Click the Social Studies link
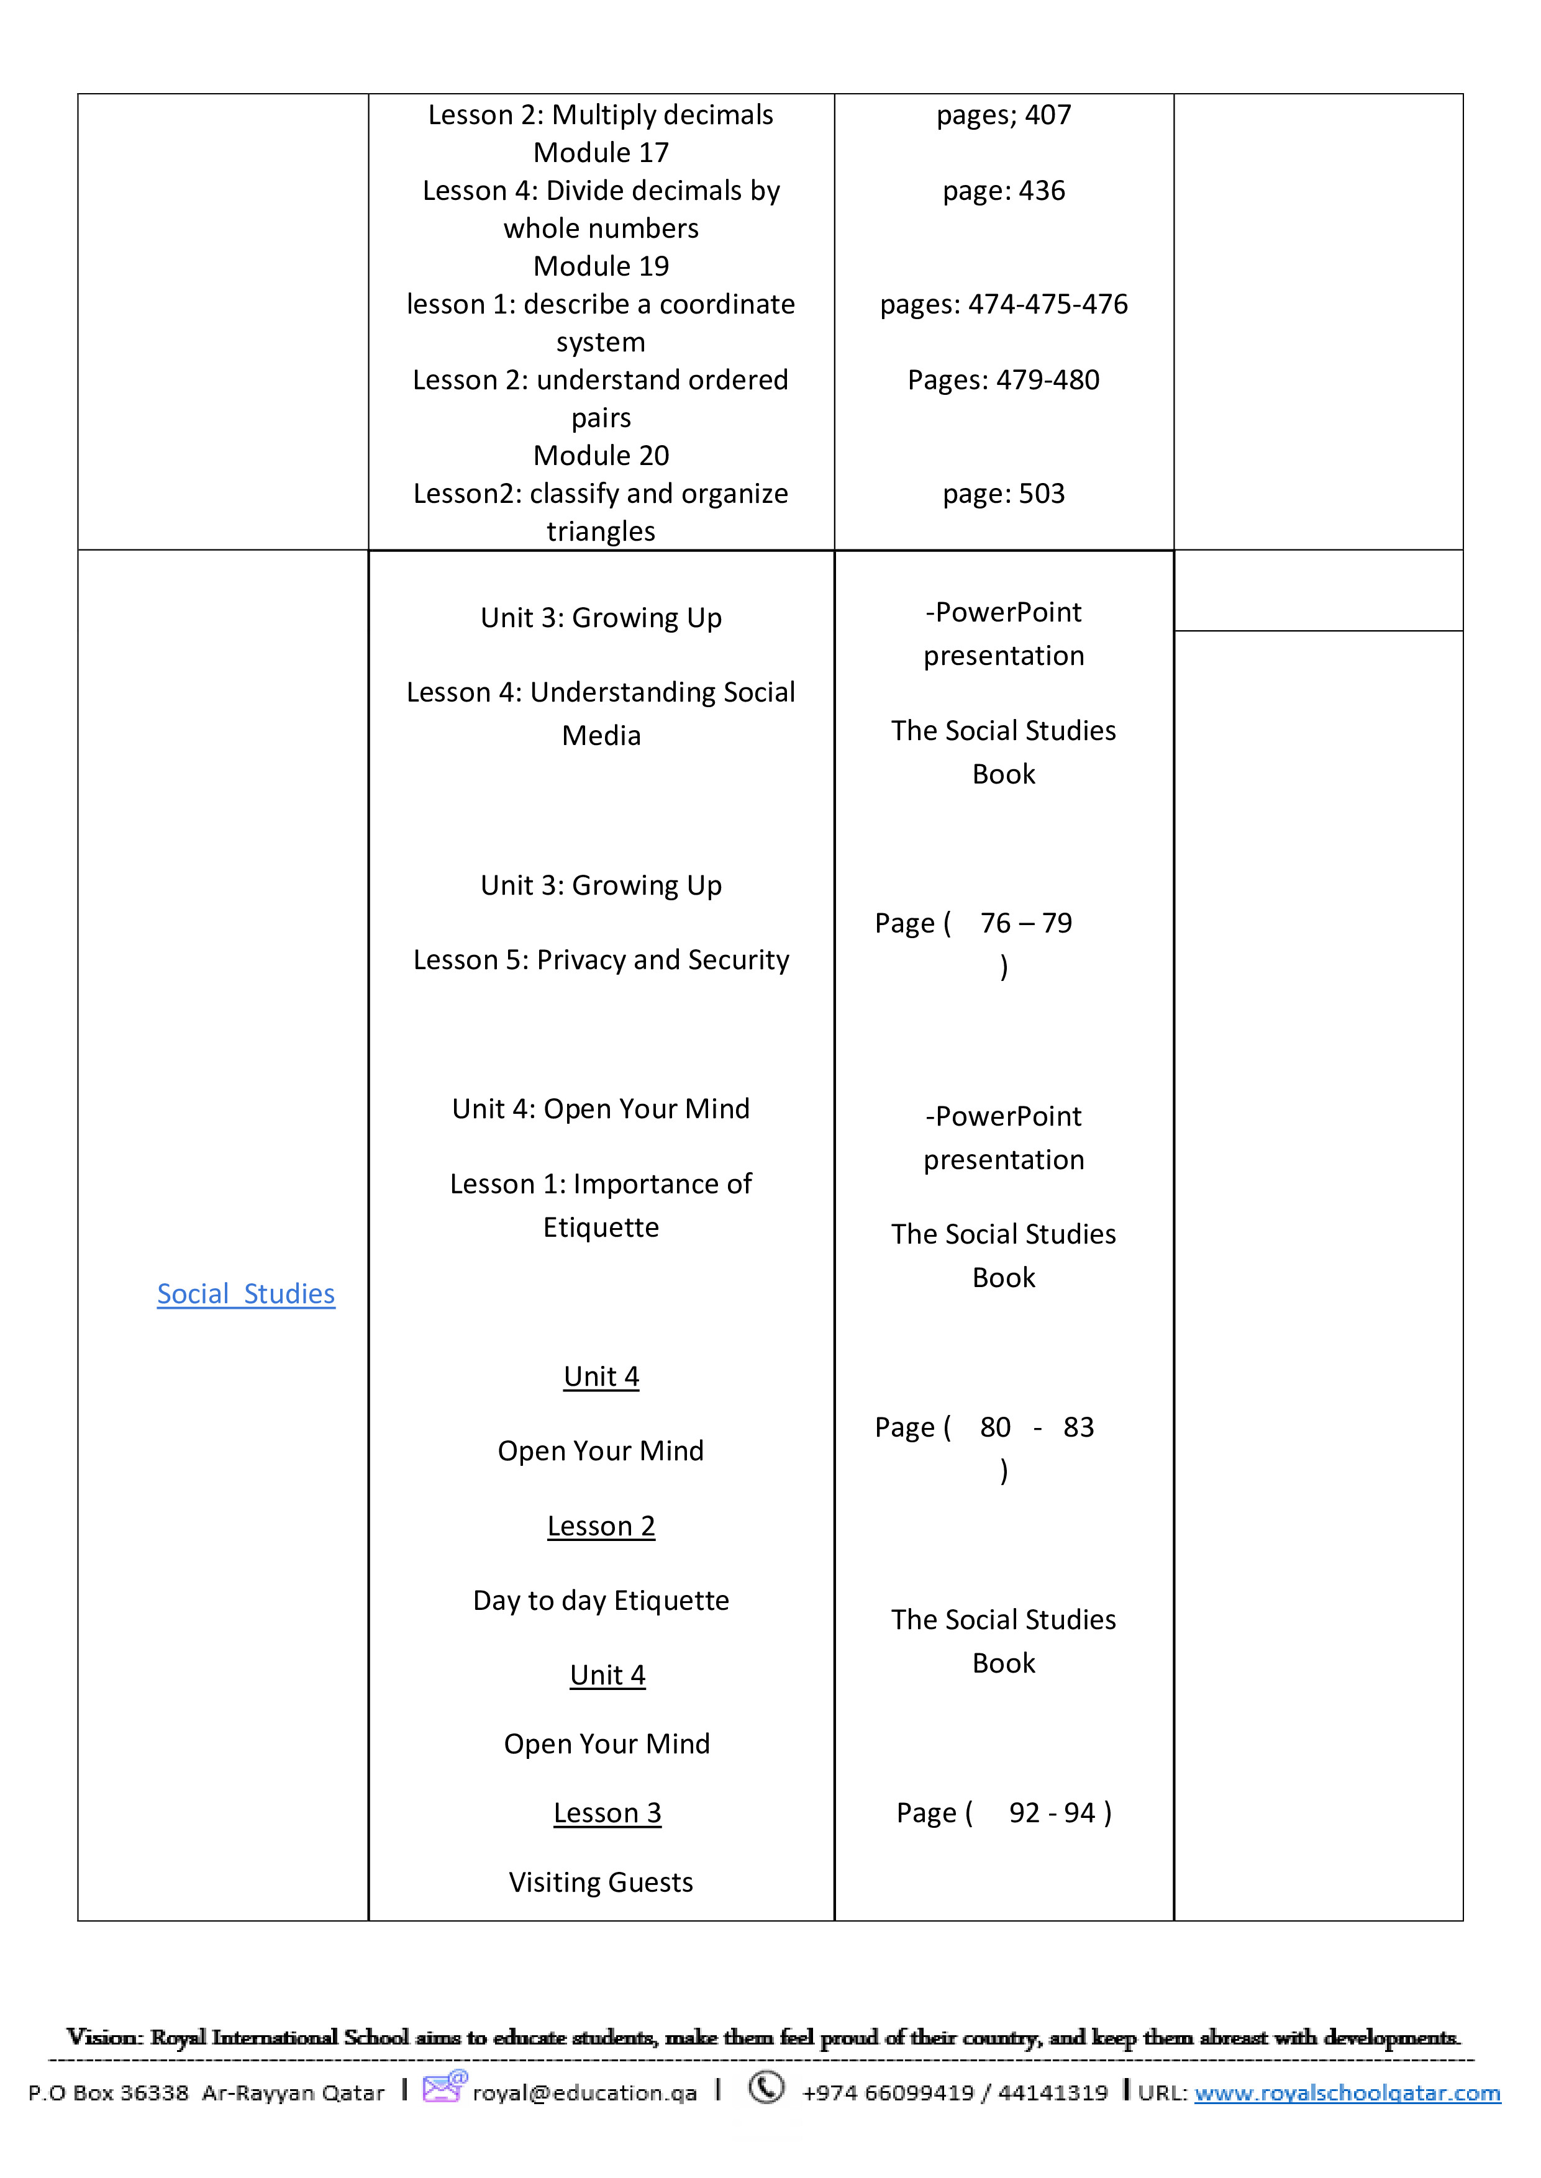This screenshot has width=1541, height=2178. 246,1294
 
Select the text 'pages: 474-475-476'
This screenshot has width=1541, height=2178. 1003,304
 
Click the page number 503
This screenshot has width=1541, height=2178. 1041,493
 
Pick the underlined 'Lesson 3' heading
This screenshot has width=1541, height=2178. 607,1813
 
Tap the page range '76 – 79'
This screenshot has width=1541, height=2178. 1025,923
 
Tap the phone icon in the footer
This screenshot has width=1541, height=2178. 766,2087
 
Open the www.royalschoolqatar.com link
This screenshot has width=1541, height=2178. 1347,2092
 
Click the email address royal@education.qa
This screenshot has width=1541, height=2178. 584,2092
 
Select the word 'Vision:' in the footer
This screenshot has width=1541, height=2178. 104,2036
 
